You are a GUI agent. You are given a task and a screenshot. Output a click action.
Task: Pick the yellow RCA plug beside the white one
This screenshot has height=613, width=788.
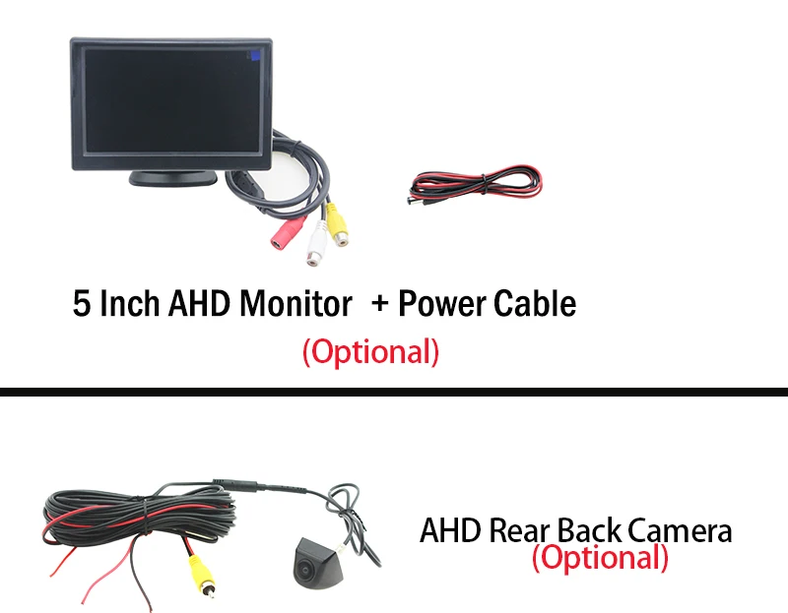tap(338, 220)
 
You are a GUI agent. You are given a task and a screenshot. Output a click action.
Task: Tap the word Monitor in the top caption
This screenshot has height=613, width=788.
tap(295, 304)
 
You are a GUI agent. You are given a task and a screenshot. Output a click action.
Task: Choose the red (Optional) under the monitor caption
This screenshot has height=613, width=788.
tap(370, 351)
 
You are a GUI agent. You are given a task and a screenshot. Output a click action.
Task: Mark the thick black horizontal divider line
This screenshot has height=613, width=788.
tap(394, 392)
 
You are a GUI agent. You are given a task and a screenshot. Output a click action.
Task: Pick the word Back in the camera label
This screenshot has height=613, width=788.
tap(589, 532)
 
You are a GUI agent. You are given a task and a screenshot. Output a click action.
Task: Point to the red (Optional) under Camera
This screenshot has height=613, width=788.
tap(600, 559)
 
